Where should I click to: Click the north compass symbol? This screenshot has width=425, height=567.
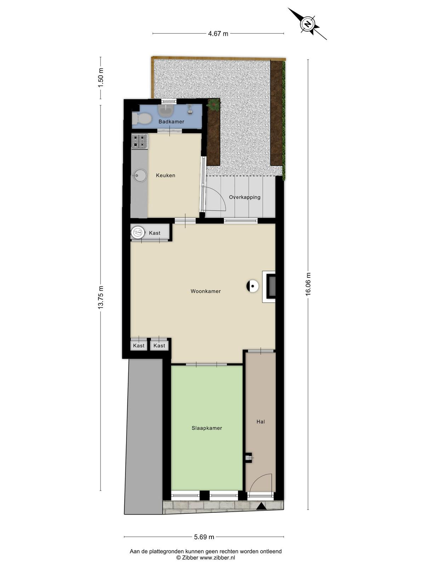pos(307,24)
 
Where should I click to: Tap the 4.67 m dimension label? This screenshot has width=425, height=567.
pos(218,34)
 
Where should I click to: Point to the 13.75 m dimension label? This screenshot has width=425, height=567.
pos(100,297)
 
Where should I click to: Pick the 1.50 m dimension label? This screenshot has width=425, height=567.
pos(100,78)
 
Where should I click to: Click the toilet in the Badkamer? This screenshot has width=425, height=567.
pos(141,118)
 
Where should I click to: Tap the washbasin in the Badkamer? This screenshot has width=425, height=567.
pos(166,110)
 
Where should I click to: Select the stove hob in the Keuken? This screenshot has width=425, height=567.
pos(140,141)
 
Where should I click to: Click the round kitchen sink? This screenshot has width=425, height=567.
pos(140,176)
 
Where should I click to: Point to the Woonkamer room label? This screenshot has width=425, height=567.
pos(206,291)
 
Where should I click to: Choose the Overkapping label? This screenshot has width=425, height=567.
pos(245,197)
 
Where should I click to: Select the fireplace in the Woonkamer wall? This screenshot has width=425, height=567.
pos(269,286)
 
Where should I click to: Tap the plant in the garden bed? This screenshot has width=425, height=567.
pos(214,105)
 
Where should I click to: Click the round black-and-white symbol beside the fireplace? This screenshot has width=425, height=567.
pos(253,286)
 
